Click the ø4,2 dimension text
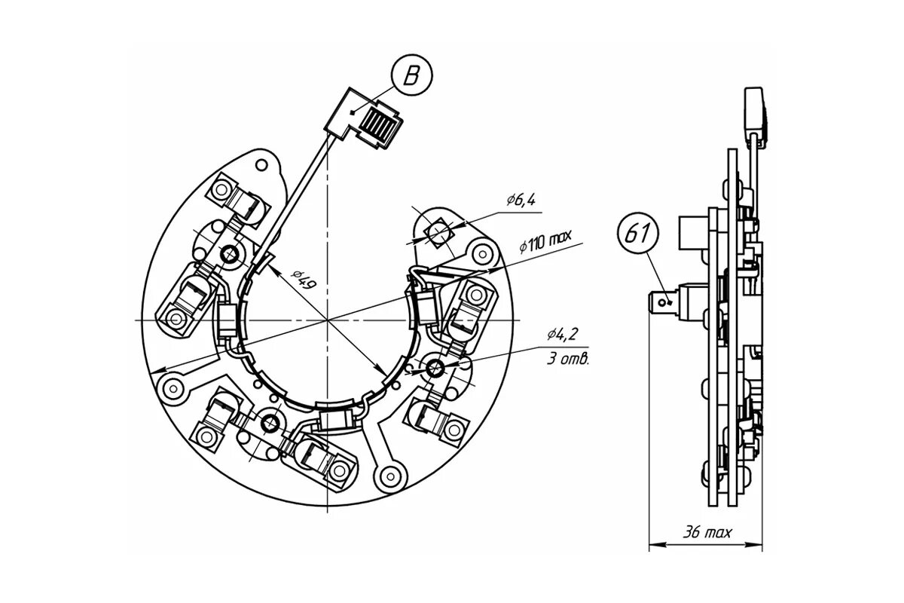coord(563,335)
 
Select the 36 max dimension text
coord(706,533)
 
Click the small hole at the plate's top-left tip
coord(261,164)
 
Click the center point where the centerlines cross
coord(328,320)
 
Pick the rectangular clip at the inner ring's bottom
coord(334,419)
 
